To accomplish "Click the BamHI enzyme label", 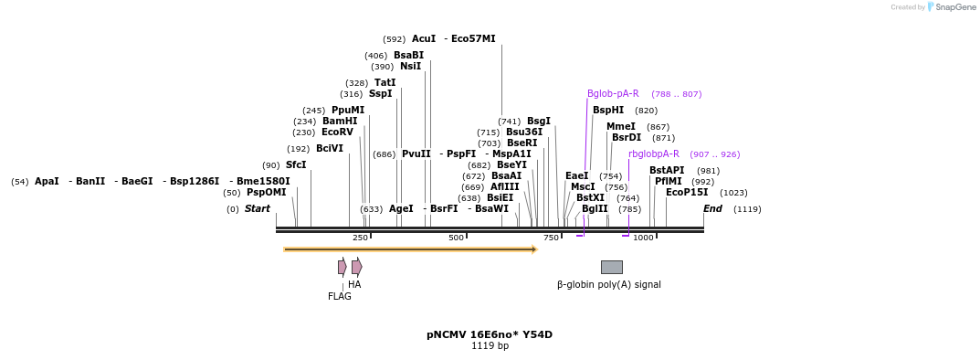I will tap(339, 122).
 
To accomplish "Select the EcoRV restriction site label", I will tap(337, 132).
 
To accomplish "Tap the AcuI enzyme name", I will tap(424, 39).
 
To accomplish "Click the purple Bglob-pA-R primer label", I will tap(613, 94).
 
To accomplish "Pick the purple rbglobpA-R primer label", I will tap(653, 154).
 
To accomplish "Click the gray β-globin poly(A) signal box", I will tap(611, 267).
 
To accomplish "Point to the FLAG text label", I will tap(339, 296).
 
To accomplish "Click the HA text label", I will tap(354, 285).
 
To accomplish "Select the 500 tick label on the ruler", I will tap(456, 238).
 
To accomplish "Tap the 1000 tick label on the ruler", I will tap(643, 238).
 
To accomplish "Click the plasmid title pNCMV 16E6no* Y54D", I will tap(490, 334).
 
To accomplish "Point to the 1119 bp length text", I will tap(490, 346).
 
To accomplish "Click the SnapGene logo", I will tap(951, 7).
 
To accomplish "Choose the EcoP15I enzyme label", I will tap(687, 193).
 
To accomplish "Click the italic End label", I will tap(712, 209).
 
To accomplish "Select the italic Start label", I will tap(258, 209).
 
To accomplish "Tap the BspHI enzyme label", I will tap(608, 111).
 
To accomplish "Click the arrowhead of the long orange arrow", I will tap(534, 249).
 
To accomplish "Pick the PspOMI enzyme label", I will tap(267, 193).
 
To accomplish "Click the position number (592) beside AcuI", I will tap(394, 39).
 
